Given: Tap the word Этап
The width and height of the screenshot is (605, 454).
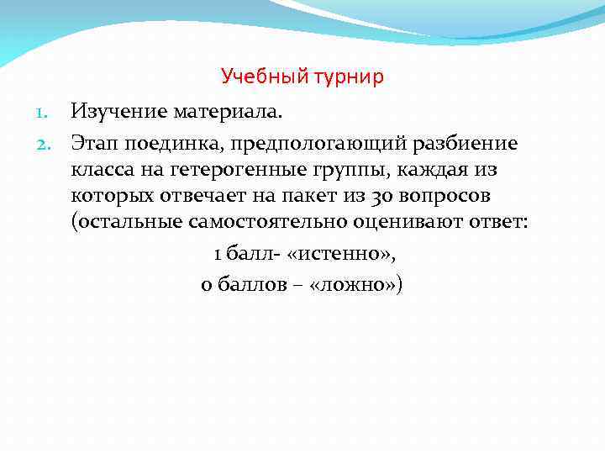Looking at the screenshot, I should coord(94,144).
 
